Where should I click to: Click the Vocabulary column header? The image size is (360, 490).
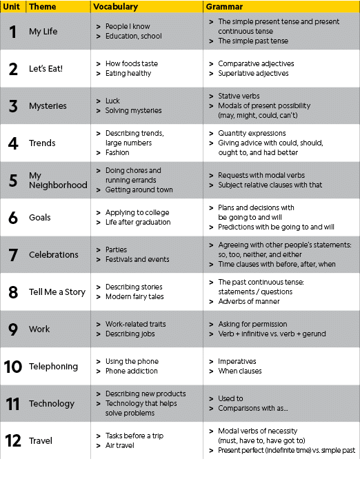tap(115, 7)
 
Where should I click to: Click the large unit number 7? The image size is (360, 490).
tap(13, 255)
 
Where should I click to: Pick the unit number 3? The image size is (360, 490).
tap(13, 106)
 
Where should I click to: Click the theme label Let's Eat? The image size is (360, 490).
tap(46, 69)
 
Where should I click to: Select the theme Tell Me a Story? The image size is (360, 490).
tap(57, 292)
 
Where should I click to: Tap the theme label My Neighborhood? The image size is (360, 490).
tap(58, 181)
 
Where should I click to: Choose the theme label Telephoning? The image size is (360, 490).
tap(53, 367)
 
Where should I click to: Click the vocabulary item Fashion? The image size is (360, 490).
tap(117, 153)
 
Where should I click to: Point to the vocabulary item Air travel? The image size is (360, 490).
tap(121, 445)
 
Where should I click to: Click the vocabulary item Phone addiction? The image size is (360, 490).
tap(132, 371)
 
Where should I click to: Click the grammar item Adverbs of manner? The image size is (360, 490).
tap(247, 302)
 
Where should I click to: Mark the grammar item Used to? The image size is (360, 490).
tap(230, 398)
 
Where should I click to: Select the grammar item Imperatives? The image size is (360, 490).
tap(237, 361)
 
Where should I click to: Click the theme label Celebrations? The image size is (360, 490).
tap(54, 255)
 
